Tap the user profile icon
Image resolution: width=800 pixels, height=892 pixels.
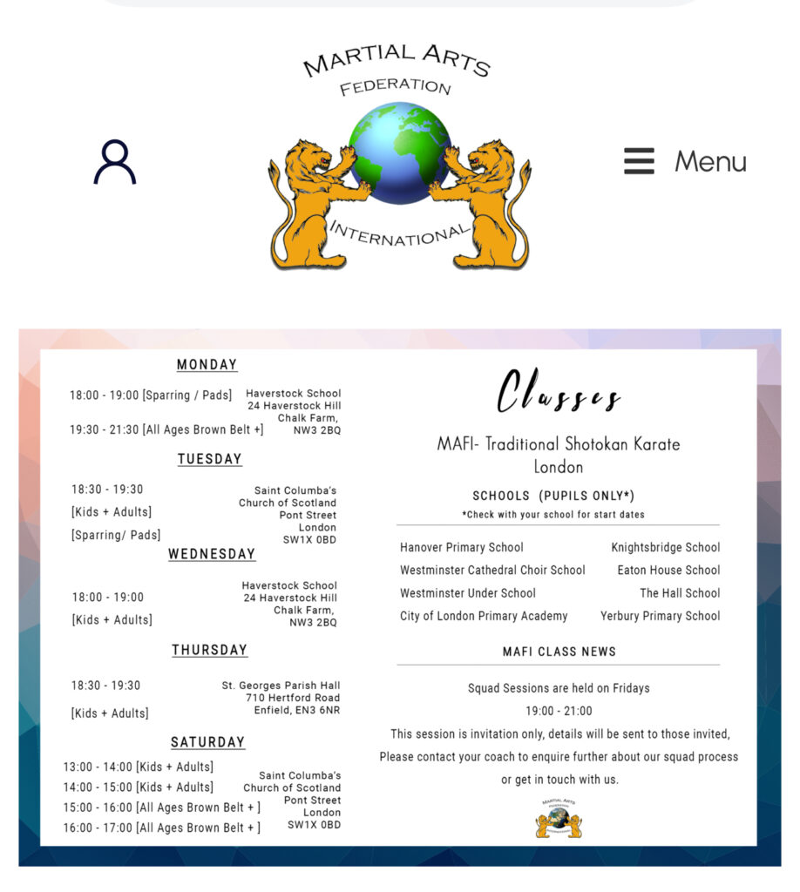tap(115, 162)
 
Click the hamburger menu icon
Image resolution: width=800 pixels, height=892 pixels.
tap(639, 161)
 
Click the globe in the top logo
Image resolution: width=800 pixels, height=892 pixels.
tap(400, 152)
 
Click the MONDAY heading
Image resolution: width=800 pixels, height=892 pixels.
tap(207, 365)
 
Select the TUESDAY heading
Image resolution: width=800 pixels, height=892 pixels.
tap(210, 459)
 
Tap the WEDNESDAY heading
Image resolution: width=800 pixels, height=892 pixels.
tap(212, 554)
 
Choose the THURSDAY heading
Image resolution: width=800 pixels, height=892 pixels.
tap(209, 650)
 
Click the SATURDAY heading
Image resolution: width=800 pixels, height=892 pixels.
tap(207, 742)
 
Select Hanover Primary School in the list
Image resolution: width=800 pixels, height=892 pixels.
tap(462, 547)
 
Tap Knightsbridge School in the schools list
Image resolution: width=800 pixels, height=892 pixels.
tap(665, 547)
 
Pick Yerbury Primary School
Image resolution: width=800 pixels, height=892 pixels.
tap(660, 616)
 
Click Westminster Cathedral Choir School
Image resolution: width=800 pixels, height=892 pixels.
tap(492, 570)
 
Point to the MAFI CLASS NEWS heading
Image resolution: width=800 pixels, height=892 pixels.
tap(559, 652)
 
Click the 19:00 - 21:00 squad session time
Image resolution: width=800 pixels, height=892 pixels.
tap(559, 711)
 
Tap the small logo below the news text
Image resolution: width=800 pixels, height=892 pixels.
tap(559, 818)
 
